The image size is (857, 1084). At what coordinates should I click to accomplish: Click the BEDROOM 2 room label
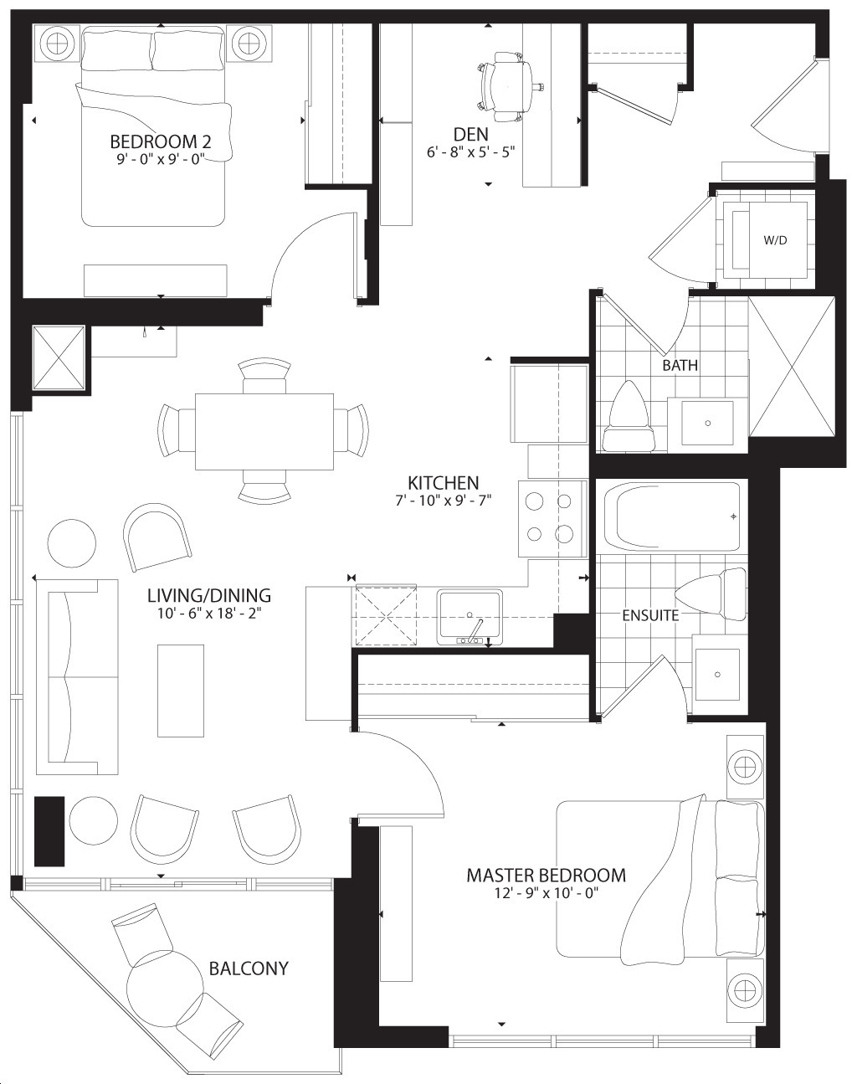coord(160,141)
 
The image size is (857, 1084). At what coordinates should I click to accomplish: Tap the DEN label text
coord(470,135)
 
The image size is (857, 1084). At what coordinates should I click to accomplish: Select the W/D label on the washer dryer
coord(775,240)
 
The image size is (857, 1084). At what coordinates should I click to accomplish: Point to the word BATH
coord(680,365)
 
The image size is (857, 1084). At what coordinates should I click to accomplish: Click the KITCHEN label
coord(443,483)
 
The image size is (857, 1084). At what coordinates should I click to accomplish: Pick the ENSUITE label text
coord(650,615)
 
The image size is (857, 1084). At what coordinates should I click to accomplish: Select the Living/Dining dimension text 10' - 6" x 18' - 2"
coord(209,614)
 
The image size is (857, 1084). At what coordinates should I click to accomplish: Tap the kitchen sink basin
coord(470,617)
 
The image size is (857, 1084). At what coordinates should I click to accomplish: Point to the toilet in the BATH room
coord(629,417)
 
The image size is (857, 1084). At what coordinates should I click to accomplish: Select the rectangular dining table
coord(264,432)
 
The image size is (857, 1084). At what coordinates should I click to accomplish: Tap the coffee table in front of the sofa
coord(181,691)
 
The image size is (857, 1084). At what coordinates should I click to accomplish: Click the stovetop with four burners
coord(552,518)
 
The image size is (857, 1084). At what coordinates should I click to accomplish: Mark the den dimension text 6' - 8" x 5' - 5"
coord(470,152)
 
